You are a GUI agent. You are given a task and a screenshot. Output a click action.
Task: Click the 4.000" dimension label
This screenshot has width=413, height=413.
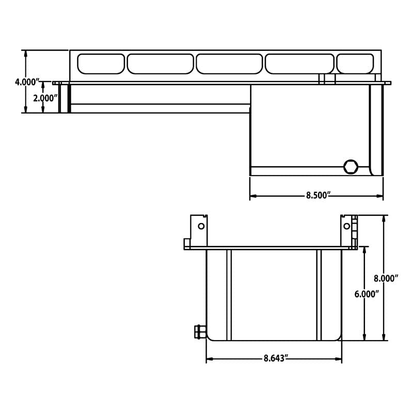27,82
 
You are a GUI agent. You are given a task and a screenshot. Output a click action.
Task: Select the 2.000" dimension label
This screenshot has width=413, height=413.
45,98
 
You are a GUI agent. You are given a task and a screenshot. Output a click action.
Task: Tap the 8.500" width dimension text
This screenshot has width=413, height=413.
318,196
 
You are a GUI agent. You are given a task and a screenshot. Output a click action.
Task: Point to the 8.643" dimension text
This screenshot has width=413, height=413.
275,358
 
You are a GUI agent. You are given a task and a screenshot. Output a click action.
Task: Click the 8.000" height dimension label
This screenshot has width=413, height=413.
386,278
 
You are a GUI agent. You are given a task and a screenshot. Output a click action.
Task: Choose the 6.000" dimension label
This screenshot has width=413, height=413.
367,294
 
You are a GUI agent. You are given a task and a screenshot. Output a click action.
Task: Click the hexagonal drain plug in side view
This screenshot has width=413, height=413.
351,167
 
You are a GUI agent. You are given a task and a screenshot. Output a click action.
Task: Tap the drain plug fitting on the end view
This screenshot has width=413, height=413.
200,331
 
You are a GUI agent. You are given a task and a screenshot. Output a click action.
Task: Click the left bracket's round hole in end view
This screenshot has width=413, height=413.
201,226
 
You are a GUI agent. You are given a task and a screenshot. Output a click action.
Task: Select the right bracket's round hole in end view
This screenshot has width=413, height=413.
346,226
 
